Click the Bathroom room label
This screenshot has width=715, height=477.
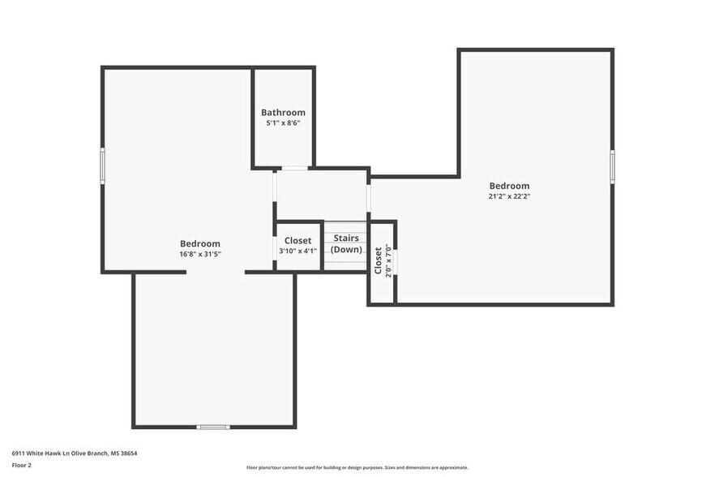283,112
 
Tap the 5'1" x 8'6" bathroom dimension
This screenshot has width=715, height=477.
283,123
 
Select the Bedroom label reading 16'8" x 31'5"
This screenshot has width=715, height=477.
199,243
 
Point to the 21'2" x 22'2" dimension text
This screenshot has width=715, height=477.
508,196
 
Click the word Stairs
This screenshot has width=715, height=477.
346,238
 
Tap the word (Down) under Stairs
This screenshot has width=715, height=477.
346,249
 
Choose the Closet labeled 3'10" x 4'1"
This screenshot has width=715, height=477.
298,240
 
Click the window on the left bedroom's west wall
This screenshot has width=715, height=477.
103,165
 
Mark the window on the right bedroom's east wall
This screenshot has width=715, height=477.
612,166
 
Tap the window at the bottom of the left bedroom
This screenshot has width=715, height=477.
213,427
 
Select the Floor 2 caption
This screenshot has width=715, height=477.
21,466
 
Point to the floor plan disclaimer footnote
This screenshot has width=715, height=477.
357,467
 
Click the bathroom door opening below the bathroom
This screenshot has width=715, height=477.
294,169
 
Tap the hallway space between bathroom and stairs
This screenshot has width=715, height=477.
321,195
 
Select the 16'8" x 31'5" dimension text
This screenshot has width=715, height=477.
199,254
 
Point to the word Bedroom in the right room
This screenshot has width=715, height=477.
508,186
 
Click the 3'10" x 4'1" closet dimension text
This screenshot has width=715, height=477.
298,251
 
